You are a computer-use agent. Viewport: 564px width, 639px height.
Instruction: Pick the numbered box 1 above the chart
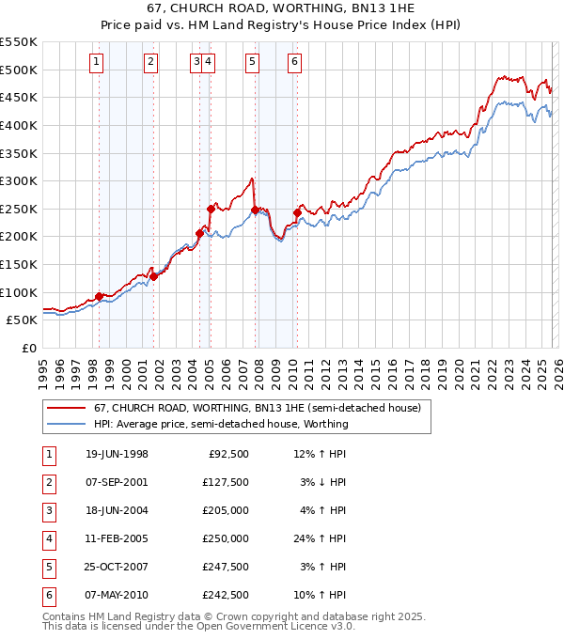click(x=98, y=62)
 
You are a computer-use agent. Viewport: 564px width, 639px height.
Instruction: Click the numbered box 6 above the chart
click(x=294, y=62)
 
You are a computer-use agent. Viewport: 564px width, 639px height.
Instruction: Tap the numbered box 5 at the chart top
click(x=253, y=62)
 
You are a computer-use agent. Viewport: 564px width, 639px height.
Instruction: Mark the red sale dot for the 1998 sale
click(x=100, y=296)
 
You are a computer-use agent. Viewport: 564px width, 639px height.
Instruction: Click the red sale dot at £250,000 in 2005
click(x=211, y=209)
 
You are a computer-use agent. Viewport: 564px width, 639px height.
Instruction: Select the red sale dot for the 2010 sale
click(x=297, y=212)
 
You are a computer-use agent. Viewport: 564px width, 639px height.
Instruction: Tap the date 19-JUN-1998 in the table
click(x=117, y=454)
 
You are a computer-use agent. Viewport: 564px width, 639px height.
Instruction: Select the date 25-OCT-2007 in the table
click(x=117, y=567)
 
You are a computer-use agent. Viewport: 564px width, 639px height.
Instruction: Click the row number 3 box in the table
click(x=48, y=510)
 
